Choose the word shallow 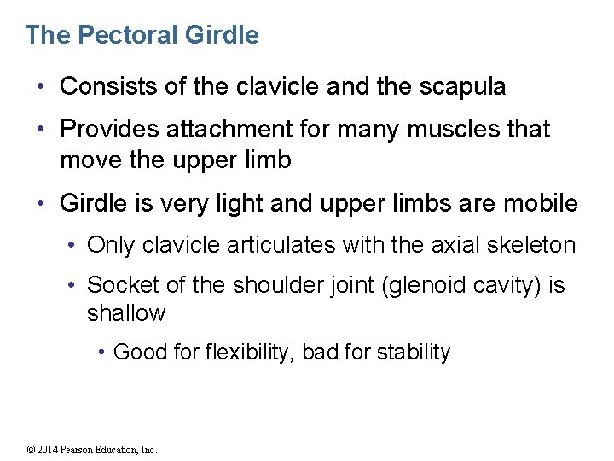point(126,313)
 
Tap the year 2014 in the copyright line point(48,450)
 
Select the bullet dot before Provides point(40,130)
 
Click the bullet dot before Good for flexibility point(101,352)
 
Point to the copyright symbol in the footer point(30,450)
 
